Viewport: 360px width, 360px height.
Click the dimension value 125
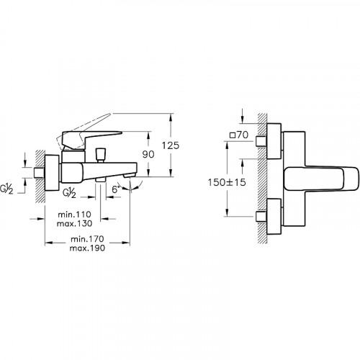point(171,145)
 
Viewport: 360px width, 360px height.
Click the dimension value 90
point(148,154)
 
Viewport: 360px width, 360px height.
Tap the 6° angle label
point(115,189)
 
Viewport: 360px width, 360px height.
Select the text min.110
point(74,214)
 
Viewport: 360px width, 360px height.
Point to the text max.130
point(74,223)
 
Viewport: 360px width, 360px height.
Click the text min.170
point(87,239)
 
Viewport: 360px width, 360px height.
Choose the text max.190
point(87,248)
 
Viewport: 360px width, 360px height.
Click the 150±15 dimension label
point(227,182)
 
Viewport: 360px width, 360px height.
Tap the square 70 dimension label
point(239,135)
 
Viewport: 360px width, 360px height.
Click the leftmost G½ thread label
point(6,190)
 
